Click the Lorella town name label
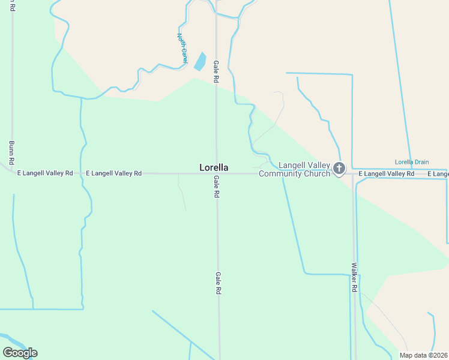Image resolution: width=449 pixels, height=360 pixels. click(x=214, y=167)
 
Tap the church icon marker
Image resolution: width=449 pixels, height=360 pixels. click(x=339, y=169)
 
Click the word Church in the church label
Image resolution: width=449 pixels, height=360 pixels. click(x=318, y=174)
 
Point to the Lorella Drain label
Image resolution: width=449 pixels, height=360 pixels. click(x=412, y=162)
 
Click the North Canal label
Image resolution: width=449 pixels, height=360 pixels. click(x=182, y=47)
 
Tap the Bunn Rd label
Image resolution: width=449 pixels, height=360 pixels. click(x=11, y=153)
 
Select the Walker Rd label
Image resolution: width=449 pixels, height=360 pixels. click(x=355, y=277)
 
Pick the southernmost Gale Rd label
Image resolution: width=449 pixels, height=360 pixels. click(x=218, y=282)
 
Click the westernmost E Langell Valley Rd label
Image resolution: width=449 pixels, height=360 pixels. click(x=45, y=173)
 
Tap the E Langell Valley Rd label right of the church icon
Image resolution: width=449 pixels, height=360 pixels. click(x=387, y=174)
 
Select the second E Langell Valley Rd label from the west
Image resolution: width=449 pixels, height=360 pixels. click(x=113, y=173)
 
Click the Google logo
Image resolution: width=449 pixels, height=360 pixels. click(x=20, y=353)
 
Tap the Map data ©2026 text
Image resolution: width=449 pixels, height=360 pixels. click(x=423, y=355)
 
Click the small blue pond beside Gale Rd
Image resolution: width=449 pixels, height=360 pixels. click(x=199, y=61)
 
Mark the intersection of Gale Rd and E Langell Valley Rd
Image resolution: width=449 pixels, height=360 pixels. click(x=217, y=174)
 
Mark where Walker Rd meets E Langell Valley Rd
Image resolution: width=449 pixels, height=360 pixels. click(x=353, y=174)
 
